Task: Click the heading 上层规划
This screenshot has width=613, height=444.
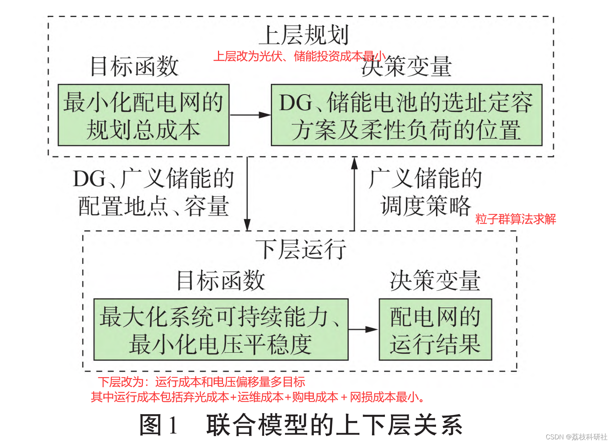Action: (304, 35)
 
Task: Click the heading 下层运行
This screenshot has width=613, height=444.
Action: (301, 249)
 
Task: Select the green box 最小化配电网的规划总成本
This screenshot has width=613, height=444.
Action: (144, 115)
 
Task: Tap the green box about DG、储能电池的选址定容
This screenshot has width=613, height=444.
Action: (406, 115)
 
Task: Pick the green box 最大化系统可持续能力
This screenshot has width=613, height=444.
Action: (221, 329)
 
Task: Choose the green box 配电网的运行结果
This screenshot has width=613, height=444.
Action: (435, 329)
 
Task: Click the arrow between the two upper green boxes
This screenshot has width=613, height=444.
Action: (250, 115)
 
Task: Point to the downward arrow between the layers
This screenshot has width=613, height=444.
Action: (247, 194)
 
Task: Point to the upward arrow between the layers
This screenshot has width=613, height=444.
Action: (354, 194)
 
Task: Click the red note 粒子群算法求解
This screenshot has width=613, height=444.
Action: (516, 219)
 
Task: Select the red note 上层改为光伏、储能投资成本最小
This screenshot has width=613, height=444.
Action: (299, 56)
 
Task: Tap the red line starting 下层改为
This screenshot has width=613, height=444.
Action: (201, 381)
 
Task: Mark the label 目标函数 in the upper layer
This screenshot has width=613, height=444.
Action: (134, 67)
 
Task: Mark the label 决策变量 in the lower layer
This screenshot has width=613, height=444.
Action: (435, 281)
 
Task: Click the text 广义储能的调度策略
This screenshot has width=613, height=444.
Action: (425, 192)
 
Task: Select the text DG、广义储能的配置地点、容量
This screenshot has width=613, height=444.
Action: (154, 192)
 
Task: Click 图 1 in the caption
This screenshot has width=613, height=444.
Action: (159, 425)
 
